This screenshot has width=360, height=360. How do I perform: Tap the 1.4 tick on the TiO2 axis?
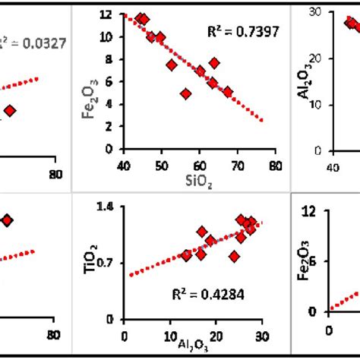(x=106, y=206)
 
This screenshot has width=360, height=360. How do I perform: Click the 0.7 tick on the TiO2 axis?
(x=106, y=263)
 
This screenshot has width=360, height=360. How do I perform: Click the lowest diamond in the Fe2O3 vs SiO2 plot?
(x=185, y=94)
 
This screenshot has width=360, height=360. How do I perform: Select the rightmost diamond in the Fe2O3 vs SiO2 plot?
(x=227, y=92)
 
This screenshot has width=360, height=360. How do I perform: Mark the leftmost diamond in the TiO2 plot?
(x=185, y=255)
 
